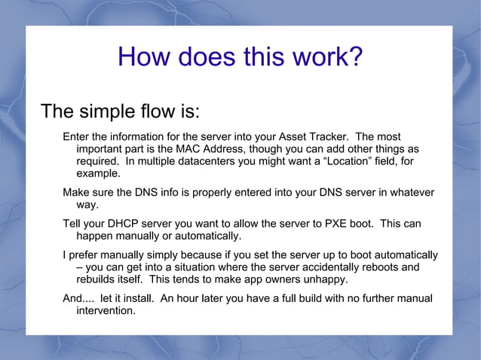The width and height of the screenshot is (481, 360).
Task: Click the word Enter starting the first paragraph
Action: [x=77, y=137]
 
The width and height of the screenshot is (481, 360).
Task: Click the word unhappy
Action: [x=325, y=279]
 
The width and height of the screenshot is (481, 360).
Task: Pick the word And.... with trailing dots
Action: [x=78, y=299]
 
